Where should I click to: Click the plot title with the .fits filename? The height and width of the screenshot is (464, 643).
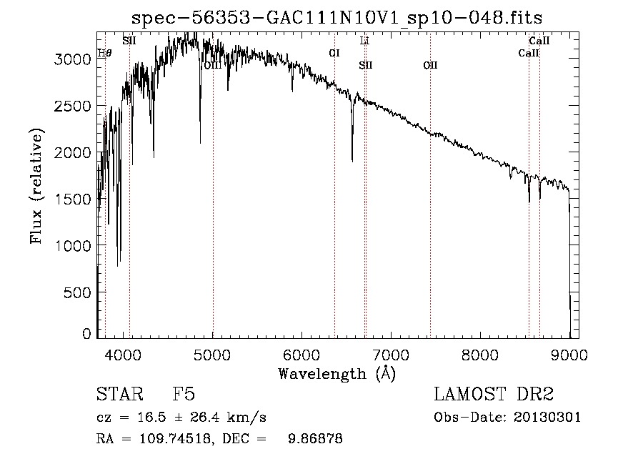[342, 19]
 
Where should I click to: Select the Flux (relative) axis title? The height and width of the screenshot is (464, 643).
[36, 186]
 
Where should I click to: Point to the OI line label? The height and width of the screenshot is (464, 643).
[334, 53]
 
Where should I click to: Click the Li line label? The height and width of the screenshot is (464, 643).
[364, 41]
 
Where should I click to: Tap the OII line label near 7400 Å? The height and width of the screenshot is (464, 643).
[430, 66]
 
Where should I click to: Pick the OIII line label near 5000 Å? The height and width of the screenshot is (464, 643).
[212, 66]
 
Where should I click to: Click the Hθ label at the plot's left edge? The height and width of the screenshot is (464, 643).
[104, 53]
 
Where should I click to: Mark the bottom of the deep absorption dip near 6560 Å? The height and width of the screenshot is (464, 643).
[352, 160]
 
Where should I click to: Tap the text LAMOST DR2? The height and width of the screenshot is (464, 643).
[494, 395]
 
